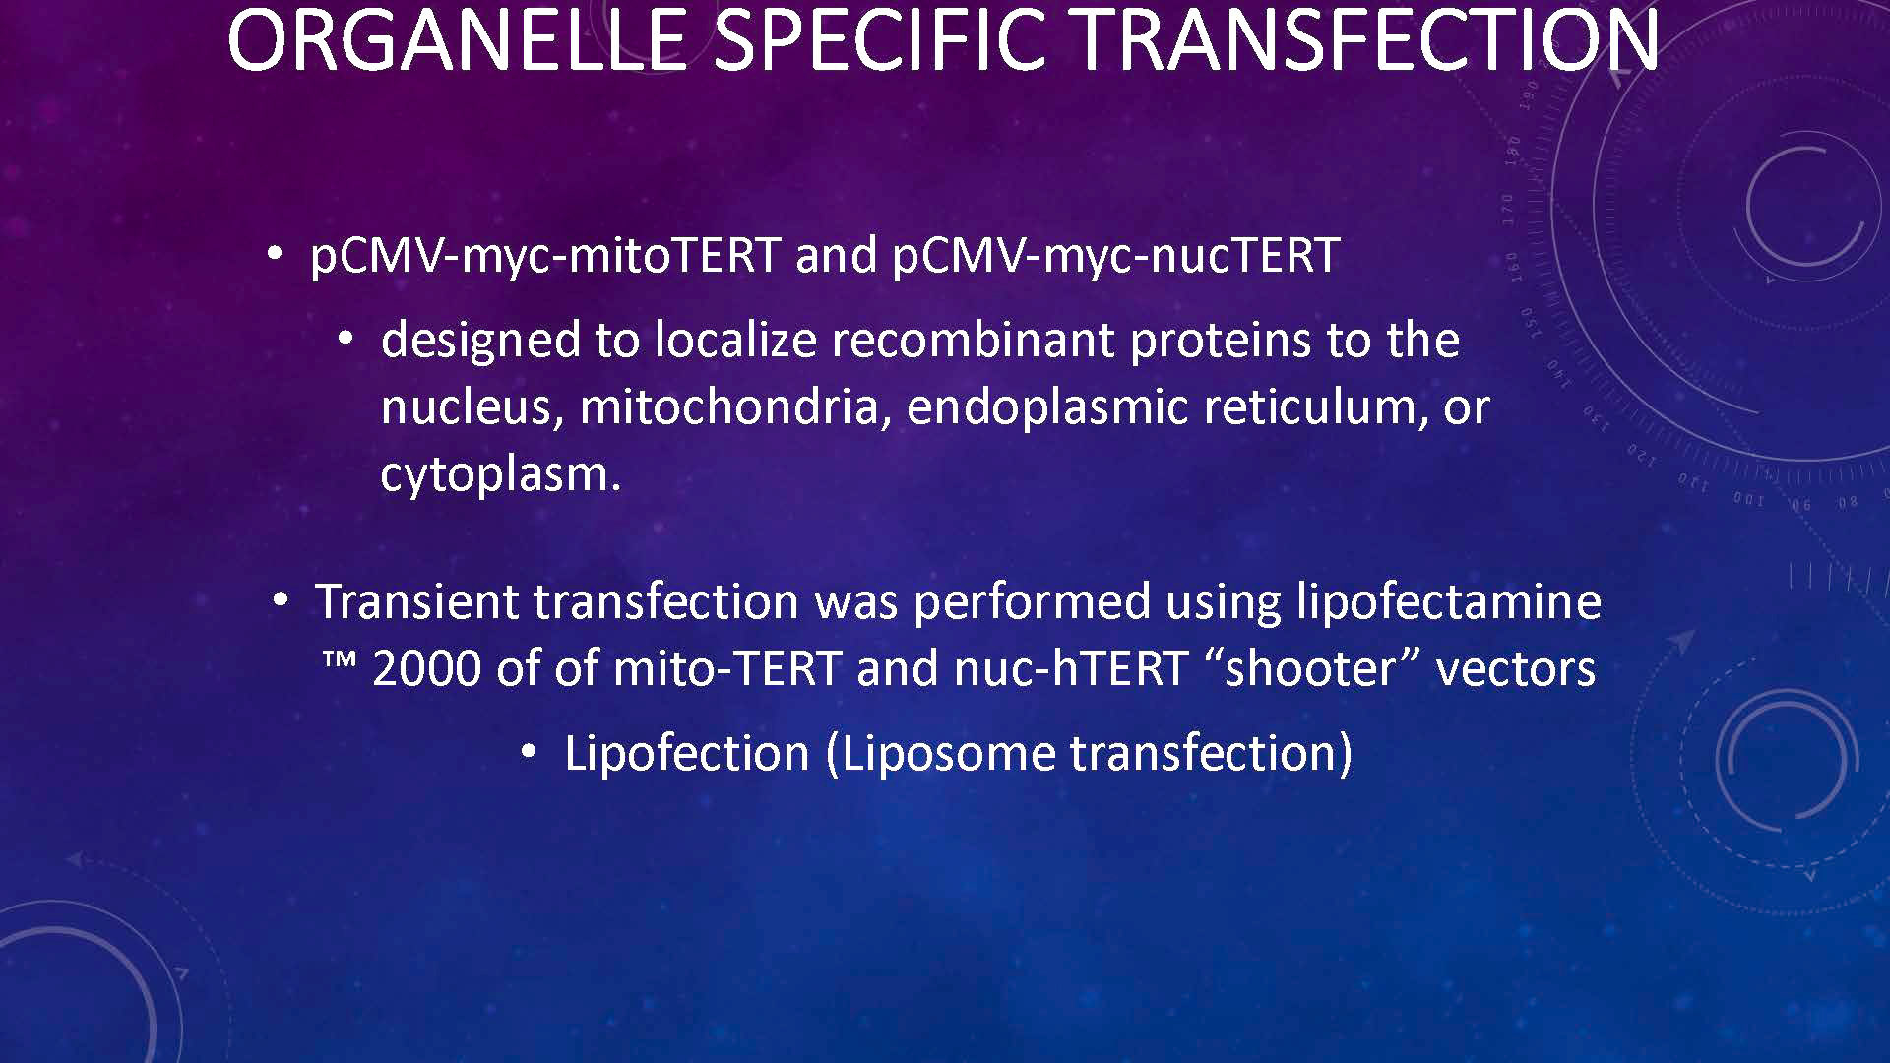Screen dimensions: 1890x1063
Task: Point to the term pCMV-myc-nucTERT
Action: [x=1115, y=256]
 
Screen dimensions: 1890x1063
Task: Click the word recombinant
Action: [x=973, y=341]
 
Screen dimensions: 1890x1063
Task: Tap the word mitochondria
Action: [x=729, y=407]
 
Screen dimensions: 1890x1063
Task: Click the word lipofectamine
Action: [x=1448, y=602]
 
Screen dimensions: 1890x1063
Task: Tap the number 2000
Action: [x=427, y=669]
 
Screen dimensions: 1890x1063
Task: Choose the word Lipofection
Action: [x=686, y=754]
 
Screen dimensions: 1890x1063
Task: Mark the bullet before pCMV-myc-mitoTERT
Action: [x=277, y=254]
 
